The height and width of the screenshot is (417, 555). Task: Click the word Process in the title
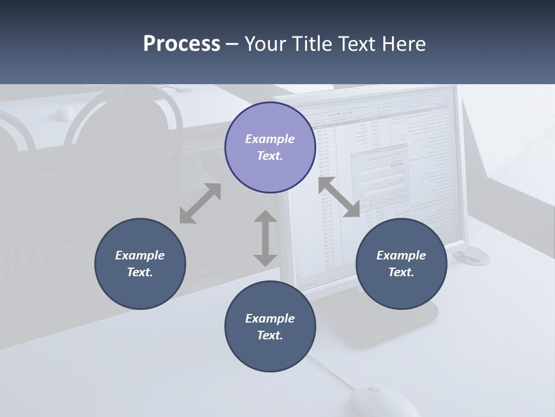pyautogui.click(x=182, y=44)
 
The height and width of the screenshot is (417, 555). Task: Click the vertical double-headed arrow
pyautogui.click(x=265, y=238)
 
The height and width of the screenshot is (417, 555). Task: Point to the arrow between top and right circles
pyautogui.click(x=339, y=197)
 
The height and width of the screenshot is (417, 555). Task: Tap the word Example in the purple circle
pyautogui.click(x=270, y=139)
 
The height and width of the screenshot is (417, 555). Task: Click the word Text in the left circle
pyautogui.click(x=140, y=272)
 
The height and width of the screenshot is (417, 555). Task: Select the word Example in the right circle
pyautogui.click(x=401, y=255)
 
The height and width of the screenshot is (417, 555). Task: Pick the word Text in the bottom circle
pyautogui.click(x=270, y=335)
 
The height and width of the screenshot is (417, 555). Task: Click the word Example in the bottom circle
pyautogui.click(x=270, y=319)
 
